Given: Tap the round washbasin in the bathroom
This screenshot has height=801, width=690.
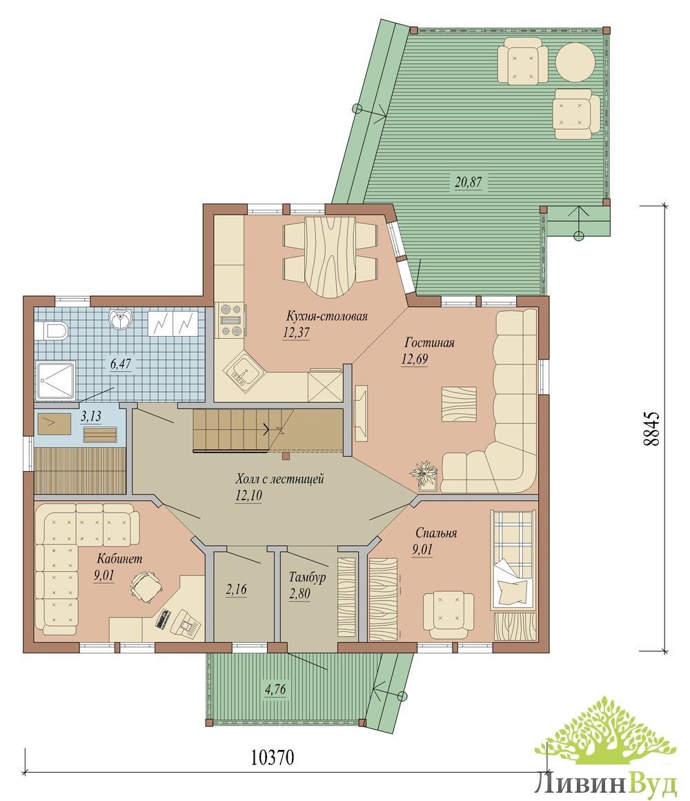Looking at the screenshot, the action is coord(121,318).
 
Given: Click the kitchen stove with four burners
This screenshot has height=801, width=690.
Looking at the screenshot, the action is coord(230,320).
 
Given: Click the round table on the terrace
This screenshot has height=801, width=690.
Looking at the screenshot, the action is coord(575,61).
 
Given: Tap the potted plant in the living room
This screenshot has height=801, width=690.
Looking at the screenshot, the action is coord(424,473).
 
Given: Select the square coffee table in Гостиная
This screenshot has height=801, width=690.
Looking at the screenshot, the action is coord(459,404).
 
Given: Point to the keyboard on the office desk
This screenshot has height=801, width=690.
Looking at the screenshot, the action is coord(164,619).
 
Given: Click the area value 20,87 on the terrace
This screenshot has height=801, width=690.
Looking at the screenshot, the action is coord(468,182).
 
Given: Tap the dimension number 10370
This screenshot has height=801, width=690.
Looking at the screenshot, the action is coord(273,758).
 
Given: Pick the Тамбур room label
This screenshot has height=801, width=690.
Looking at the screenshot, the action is coord(307,577).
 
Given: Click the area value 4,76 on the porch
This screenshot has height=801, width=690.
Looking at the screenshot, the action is coord(275,690).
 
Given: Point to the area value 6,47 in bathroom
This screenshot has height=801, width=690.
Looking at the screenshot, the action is coord(121,364).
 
